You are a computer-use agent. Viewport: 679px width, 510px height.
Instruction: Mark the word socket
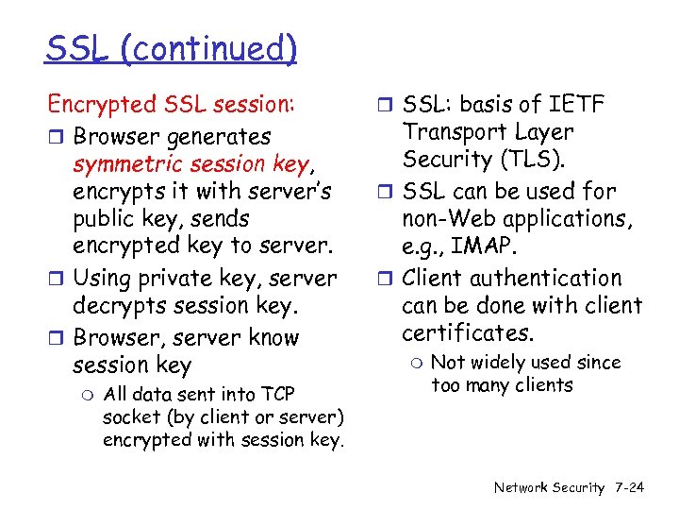coord(130,416)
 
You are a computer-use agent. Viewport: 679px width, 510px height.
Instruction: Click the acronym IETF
coord(574,105)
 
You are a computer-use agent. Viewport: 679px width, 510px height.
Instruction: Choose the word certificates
coord(468,333)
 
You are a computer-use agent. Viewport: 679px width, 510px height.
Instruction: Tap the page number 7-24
coord(627,487)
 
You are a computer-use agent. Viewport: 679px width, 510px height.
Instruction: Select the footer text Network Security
coord(549,487)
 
